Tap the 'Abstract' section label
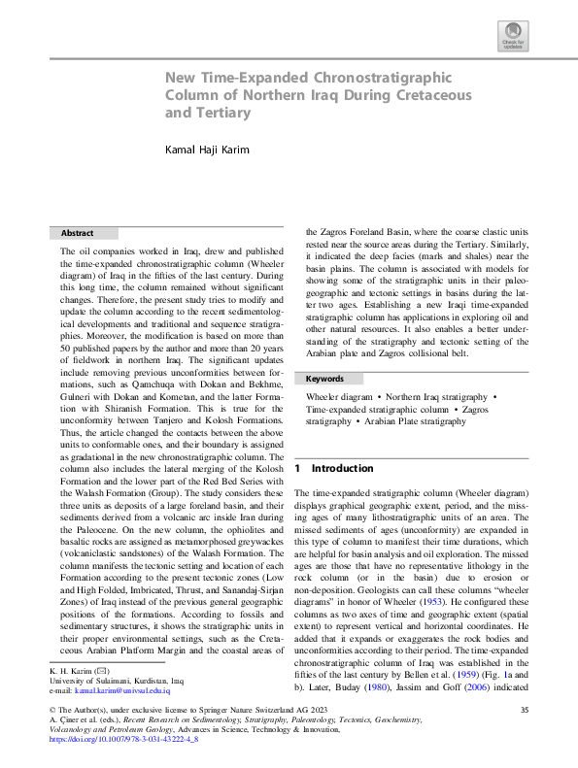click(78, 234)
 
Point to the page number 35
click(524, 712)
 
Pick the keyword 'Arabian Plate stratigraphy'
click(414, 423)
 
